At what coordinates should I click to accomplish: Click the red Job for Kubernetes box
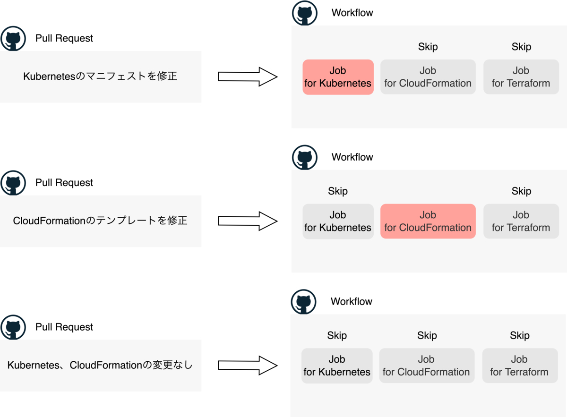pyautogui.click(x=338, y=77)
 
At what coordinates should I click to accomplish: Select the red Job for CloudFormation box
pyautogui.click(x=428, y=221)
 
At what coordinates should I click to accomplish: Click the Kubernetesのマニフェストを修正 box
pyautogui.click(x=101, y=77)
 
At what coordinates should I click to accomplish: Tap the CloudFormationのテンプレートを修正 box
pyautogui.click(x=101, y=221)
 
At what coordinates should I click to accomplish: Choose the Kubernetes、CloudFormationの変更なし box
pyautogui.click(x=101, y=365)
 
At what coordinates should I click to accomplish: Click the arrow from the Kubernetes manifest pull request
pyautogui.click(x=247, y=77)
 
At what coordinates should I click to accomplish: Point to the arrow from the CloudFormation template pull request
pyautogui.click(x=247, y=221)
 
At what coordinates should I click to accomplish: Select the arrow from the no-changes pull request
pyautogui.click(x=247, y=365)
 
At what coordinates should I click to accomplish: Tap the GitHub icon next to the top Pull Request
pyautogui.click(x=13, y=39)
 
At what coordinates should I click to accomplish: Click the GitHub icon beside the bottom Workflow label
pyautogui.click(x=304, y=302)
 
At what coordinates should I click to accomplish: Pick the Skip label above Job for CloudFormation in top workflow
pyautogui.click(x=428, y=47)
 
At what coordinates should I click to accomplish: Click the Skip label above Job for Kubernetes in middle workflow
pyautogui.click(x=337, y=191)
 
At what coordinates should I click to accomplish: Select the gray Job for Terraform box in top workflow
pyautogui.click(x=521, y=77)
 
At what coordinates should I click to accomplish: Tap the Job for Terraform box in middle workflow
pyautogui.click(x=521, y=221)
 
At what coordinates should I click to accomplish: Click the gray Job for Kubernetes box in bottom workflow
pyautogui.click(x=337, y=366)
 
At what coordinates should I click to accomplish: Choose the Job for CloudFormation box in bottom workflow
pyautogui.click(x=426, y=366)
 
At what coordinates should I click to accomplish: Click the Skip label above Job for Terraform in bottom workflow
pyautogui.click(x=519, y=336)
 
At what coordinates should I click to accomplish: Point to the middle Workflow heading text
pyautogui.click(x=352, y=157)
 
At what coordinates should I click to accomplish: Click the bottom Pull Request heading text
pyautogui.click(x=64, y=327)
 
